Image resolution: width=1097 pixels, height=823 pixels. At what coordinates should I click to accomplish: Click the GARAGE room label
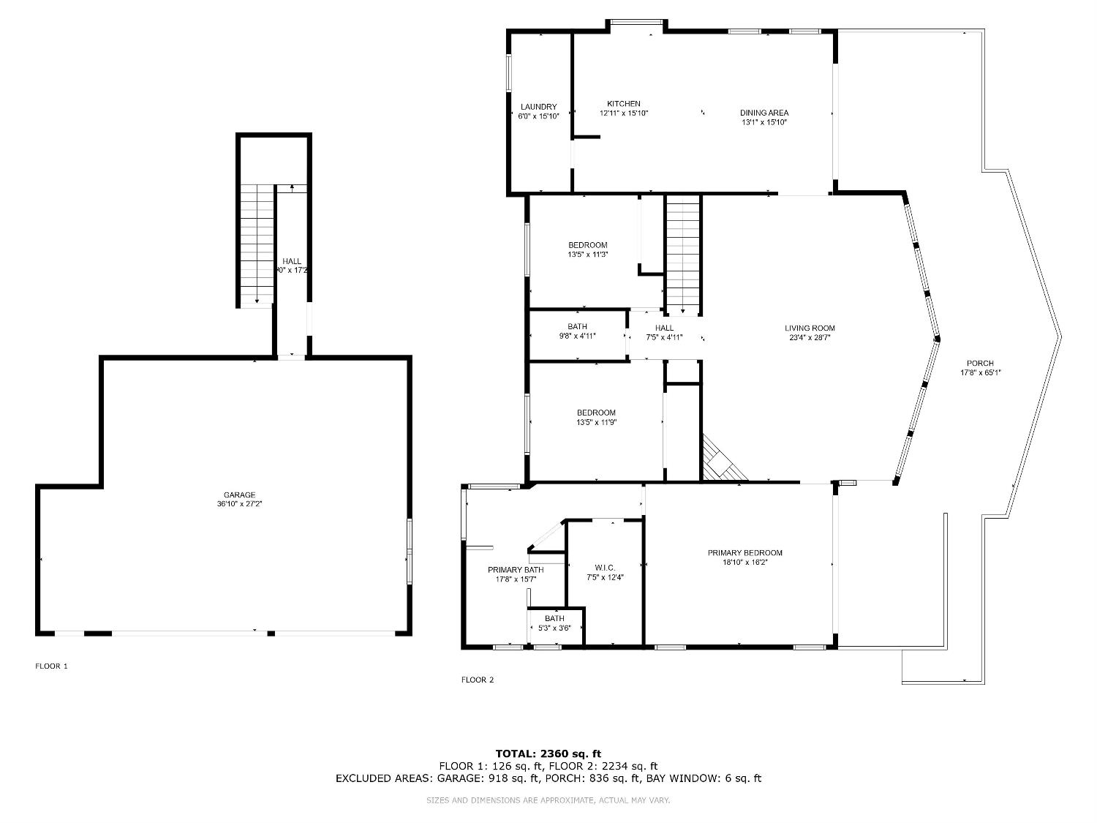click(x=240, y=495)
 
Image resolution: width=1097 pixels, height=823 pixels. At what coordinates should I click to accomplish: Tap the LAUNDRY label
click(x=538, y=107)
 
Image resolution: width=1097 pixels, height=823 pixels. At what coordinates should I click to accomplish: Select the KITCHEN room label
click(x=623, y=104)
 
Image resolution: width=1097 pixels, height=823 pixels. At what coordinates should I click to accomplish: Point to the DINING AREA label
click(x=764, y=113)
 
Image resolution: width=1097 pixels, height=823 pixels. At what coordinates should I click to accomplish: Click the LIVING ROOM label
click(x=810, y=328)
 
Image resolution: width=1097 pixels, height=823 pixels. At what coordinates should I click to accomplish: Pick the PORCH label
click(x=980, y=364)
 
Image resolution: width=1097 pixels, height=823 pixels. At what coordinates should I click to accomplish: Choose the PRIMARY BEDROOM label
click(x=744, y=553)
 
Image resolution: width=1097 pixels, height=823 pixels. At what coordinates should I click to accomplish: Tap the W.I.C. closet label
click(x=605, y=568)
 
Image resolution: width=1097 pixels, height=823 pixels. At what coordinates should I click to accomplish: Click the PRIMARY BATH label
click(x=516, y=570)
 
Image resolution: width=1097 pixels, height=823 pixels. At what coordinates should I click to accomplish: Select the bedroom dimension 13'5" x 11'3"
click(x=588, y=255)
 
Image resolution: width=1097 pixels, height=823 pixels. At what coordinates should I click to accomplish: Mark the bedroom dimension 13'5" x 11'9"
click(x=596, y=422)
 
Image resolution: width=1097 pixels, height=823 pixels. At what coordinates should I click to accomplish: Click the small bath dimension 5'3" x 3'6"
click(x=554, y=628)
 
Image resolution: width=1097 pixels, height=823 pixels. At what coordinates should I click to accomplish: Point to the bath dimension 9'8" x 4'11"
click(x=577, y=337)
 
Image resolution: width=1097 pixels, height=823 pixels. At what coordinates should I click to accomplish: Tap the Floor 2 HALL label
click(x=664, y=328)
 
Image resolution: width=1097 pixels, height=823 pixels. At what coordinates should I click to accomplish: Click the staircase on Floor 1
click(x=257, y=244)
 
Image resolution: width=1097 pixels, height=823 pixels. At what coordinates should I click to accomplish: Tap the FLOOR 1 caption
click(x=51, y=666)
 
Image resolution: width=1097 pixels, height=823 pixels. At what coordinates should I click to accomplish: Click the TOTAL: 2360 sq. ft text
click(x=548, y=754)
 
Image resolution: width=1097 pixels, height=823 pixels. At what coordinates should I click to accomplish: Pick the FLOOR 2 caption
click(x=477, y=680)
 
